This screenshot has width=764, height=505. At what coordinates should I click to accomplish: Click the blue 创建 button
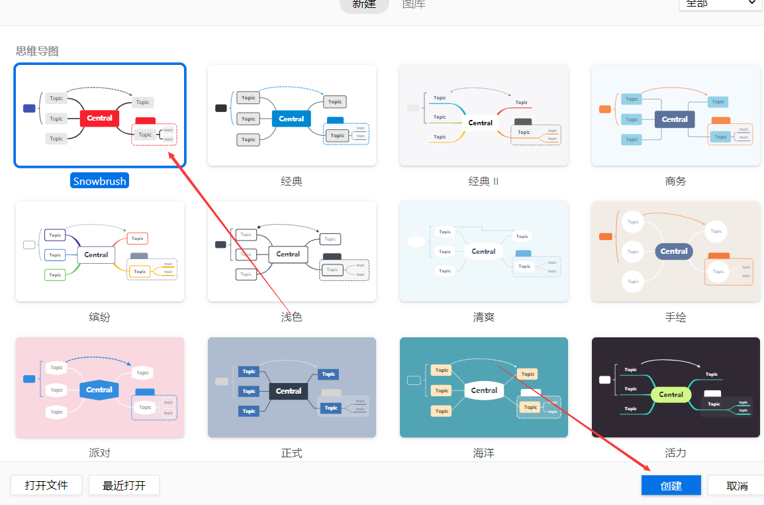point(671,486)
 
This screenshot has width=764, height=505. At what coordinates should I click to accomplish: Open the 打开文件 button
point(46,485)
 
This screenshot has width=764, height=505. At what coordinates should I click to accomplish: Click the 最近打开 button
point(124,485)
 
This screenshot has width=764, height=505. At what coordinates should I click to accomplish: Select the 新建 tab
point(364,5)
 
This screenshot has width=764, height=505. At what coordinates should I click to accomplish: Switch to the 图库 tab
point(414,5)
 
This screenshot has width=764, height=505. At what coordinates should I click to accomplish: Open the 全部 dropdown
point(720,3)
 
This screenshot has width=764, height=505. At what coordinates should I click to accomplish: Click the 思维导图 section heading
point(37,51)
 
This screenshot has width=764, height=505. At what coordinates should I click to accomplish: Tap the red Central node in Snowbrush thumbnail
point(99,119)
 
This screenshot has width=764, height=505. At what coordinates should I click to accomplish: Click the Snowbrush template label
point(99,181)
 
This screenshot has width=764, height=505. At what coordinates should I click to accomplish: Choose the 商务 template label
point(675,181)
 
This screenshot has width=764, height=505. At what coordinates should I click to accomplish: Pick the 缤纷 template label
point(99,317)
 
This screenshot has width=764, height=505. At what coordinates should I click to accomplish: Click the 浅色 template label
point(291,317)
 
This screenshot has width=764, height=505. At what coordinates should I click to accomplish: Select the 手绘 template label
point(675,317)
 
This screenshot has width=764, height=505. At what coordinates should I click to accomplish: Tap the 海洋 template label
point(483,453)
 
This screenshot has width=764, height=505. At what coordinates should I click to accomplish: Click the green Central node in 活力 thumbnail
point(671,394)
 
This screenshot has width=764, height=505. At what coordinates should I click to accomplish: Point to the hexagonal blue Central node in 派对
point(99,390)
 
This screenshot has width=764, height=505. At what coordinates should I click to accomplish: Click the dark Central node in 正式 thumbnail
point(289,391)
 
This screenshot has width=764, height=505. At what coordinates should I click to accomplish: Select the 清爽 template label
point(483,317)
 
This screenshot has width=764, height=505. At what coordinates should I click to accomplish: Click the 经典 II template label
point(483,181)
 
